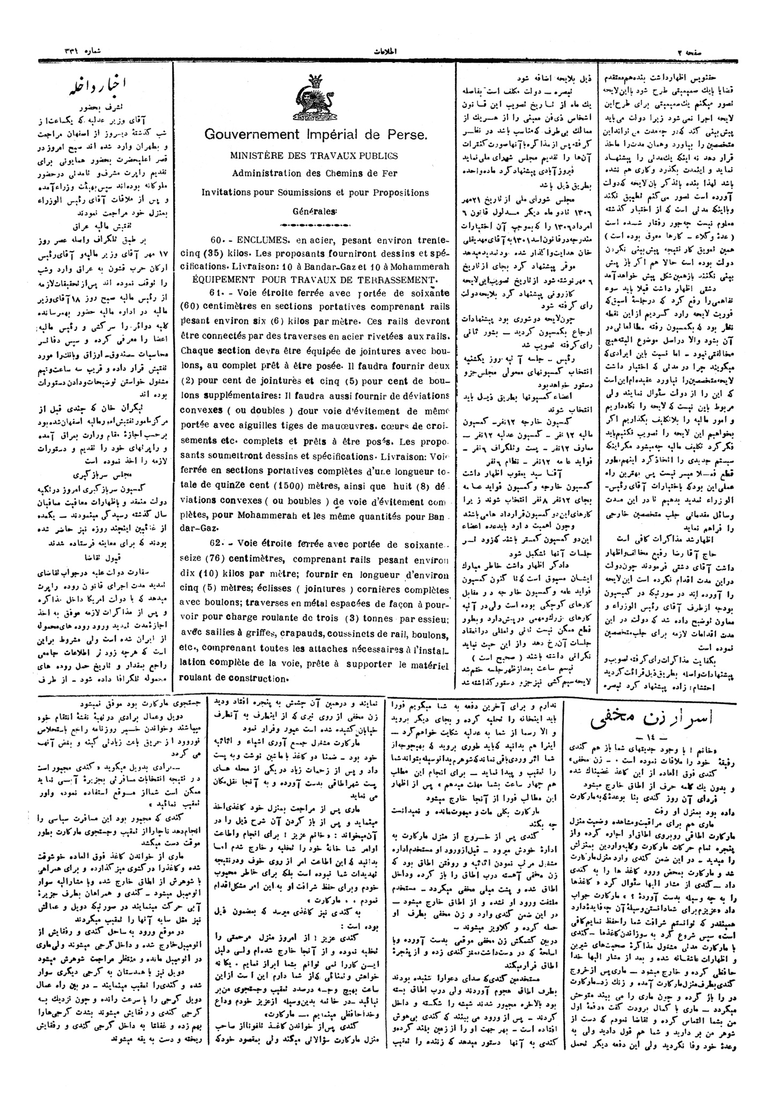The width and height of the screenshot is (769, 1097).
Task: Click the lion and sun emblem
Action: [x=311, y=97]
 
